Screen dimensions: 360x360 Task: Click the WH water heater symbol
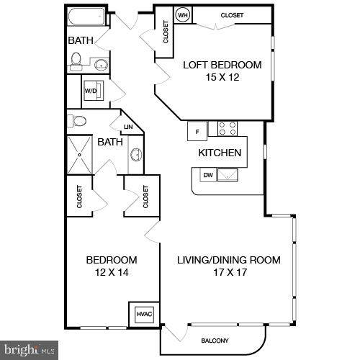[183, 14]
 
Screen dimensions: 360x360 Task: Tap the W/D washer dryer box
[91, 91]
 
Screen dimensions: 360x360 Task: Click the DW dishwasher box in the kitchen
[207, 174]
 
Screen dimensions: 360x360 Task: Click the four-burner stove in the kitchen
[228, 129]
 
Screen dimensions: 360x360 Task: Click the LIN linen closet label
[129, 127]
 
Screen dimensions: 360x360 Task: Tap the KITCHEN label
[220, 153]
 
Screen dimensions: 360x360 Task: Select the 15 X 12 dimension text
[222, 78]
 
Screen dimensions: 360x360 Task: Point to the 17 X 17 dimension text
[229, 274]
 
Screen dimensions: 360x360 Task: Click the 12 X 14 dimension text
[112, 274]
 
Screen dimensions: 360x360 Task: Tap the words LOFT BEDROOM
[222, 65]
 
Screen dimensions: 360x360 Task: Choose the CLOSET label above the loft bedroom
[232, 14]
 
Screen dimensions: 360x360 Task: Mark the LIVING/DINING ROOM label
[229, 260]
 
